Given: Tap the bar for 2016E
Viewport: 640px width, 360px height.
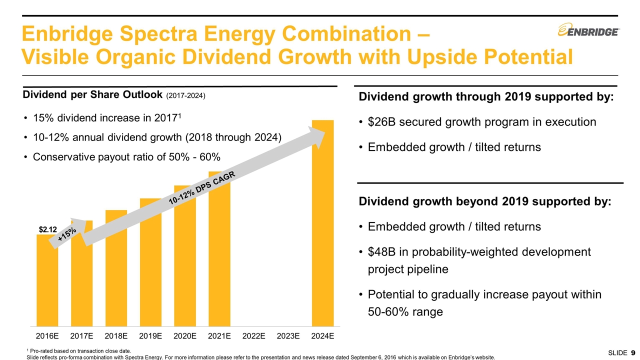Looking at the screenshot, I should (47, 280).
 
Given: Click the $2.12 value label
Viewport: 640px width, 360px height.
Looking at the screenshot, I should (48, 229).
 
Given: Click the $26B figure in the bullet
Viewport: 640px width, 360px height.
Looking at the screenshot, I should (378, 122).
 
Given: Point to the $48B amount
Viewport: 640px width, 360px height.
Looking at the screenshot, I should (378, 252).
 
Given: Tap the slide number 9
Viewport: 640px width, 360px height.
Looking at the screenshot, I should (633, 353).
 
